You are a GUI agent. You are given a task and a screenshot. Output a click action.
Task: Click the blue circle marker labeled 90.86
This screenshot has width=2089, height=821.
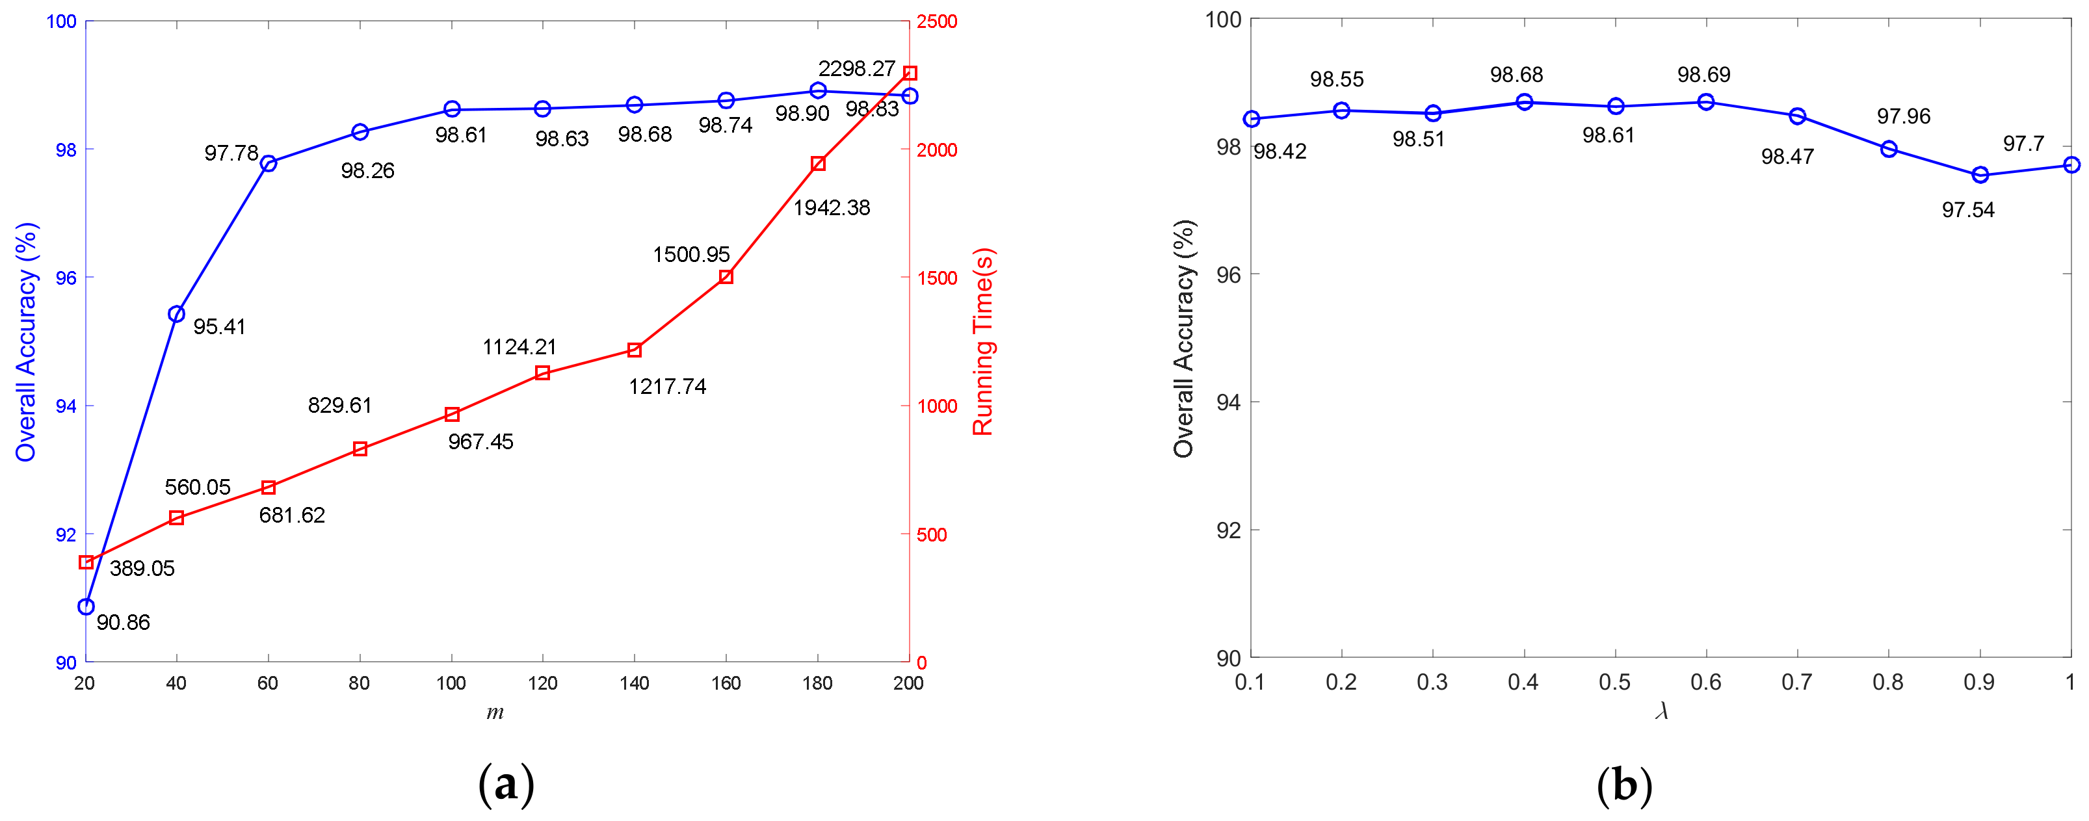(86, 606)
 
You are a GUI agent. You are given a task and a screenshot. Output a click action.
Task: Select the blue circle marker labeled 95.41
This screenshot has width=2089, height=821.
(176, 314)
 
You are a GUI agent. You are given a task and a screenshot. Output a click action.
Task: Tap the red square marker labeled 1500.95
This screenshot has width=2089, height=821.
(726, 276)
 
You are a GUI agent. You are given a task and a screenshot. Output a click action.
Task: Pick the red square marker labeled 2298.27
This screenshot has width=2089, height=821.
(910, 73)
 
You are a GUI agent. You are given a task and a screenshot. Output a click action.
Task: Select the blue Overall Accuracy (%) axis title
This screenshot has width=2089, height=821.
(26, 341)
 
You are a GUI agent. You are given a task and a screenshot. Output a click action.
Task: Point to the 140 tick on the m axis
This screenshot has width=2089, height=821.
(634, 683)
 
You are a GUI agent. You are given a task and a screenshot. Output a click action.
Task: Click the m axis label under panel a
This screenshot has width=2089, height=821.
(495, 712)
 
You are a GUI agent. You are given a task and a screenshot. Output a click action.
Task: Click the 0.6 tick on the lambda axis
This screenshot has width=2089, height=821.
(1705, 683)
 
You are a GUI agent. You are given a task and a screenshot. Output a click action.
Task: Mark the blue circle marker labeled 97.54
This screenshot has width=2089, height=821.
(1980, 175)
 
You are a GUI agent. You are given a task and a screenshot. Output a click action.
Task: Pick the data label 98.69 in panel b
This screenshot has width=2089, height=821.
(1704, 75)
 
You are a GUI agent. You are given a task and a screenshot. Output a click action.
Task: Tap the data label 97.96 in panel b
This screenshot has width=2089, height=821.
(1903, 116)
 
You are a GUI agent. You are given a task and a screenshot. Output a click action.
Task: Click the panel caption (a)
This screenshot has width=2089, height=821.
(506, 785)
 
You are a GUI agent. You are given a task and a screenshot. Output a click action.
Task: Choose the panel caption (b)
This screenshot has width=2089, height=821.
(1623, 785)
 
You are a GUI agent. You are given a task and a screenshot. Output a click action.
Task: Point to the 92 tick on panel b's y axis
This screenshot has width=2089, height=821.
(1229, 530)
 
